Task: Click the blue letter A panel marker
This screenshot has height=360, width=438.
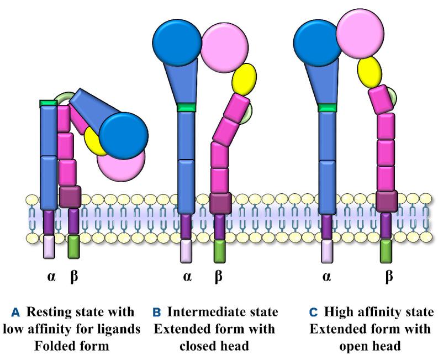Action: tap(15, 313)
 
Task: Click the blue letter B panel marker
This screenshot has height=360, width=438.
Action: tap(156, 313)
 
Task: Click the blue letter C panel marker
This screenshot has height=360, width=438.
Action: tap(313, 313)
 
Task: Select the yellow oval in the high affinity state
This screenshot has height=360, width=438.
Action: tap(371, 70)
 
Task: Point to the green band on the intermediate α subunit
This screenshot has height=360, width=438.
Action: tap(186, 107)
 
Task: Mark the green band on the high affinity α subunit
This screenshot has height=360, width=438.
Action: tap(327, 107)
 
